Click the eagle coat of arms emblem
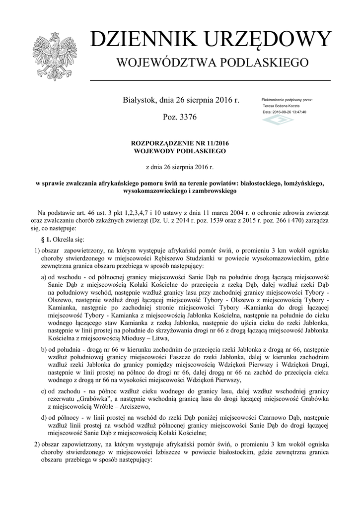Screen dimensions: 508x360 54,56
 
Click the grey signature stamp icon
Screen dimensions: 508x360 278,121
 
